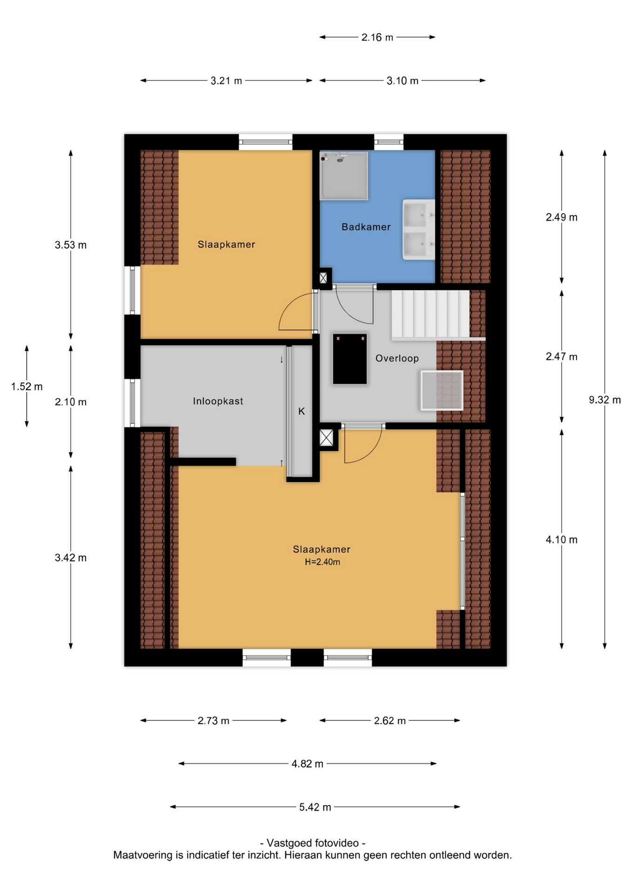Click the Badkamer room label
[366, 227]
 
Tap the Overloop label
[397, 359]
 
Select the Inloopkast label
[218, 401]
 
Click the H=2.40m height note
[322, 562]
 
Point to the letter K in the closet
[302, 411]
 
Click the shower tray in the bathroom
[344, 176]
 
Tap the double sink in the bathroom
[418, 230]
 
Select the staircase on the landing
[430, 314]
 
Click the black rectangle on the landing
[350, 359]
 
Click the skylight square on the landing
[442, 390]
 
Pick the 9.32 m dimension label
[605, 400]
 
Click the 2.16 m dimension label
[377, 37]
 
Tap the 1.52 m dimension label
[27, 386]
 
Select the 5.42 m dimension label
[315, 807]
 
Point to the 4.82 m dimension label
[307, 764]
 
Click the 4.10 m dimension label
[561, 540]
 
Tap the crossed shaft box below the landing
[326, 438]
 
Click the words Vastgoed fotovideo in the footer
[313, 843]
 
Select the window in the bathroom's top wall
[389, 142]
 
